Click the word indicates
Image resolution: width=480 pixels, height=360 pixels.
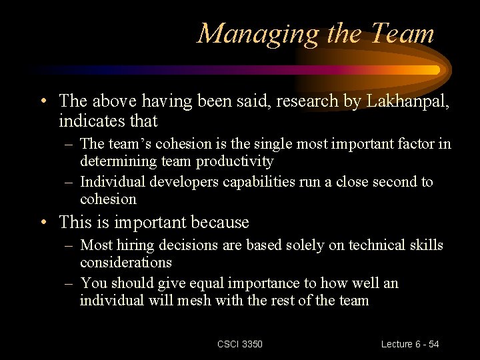click(91, 121)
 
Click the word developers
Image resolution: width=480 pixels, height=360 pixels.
click(172, 182)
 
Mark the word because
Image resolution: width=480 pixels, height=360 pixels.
click(221, 222)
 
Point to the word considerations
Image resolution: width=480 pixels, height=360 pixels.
click(126, 263)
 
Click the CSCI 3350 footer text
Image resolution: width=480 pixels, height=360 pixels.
click(240, 344)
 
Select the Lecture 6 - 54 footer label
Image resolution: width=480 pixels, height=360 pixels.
click(410, 344)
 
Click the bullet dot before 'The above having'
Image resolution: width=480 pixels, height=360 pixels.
click(43, 102)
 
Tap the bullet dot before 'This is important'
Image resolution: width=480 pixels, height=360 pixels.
click(43, 223)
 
